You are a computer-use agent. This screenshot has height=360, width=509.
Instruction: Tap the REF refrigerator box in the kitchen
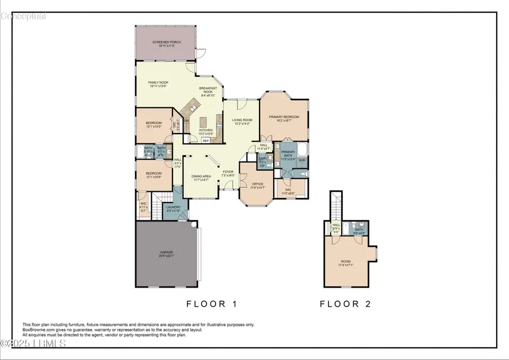point(206,140)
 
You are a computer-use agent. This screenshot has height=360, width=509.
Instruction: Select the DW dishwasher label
point(186,119)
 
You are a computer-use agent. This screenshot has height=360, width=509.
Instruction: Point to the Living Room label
point(241,120)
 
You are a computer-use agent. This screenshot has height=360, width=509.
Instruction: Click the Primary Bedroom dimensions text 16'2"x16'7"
point(283,120)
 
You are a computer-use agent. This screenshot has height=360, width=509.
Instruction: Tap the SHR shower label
point(301,160)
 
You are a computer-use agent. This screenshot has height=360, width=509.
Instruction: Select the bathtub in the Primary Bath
point(301,149)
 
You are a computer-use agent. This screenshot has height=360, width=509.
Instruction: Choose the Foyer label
point(227,171)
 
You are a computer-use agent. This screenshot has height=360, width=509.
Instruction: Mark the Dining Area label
point(201,176)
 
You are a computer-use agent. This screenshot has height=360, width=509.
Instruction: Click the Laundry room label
point(173,207)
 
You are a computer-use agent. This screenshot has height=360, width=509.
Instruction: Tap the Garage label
point(166,252)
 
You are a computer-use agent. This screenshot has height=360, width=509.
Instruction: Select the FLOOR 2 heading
point(345,304)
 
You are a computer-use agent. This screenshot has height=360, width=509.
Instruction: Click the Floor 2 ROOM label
point(346,262)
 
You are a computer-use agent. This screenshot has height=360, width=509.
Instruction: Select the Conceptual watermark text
point(23,16)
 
